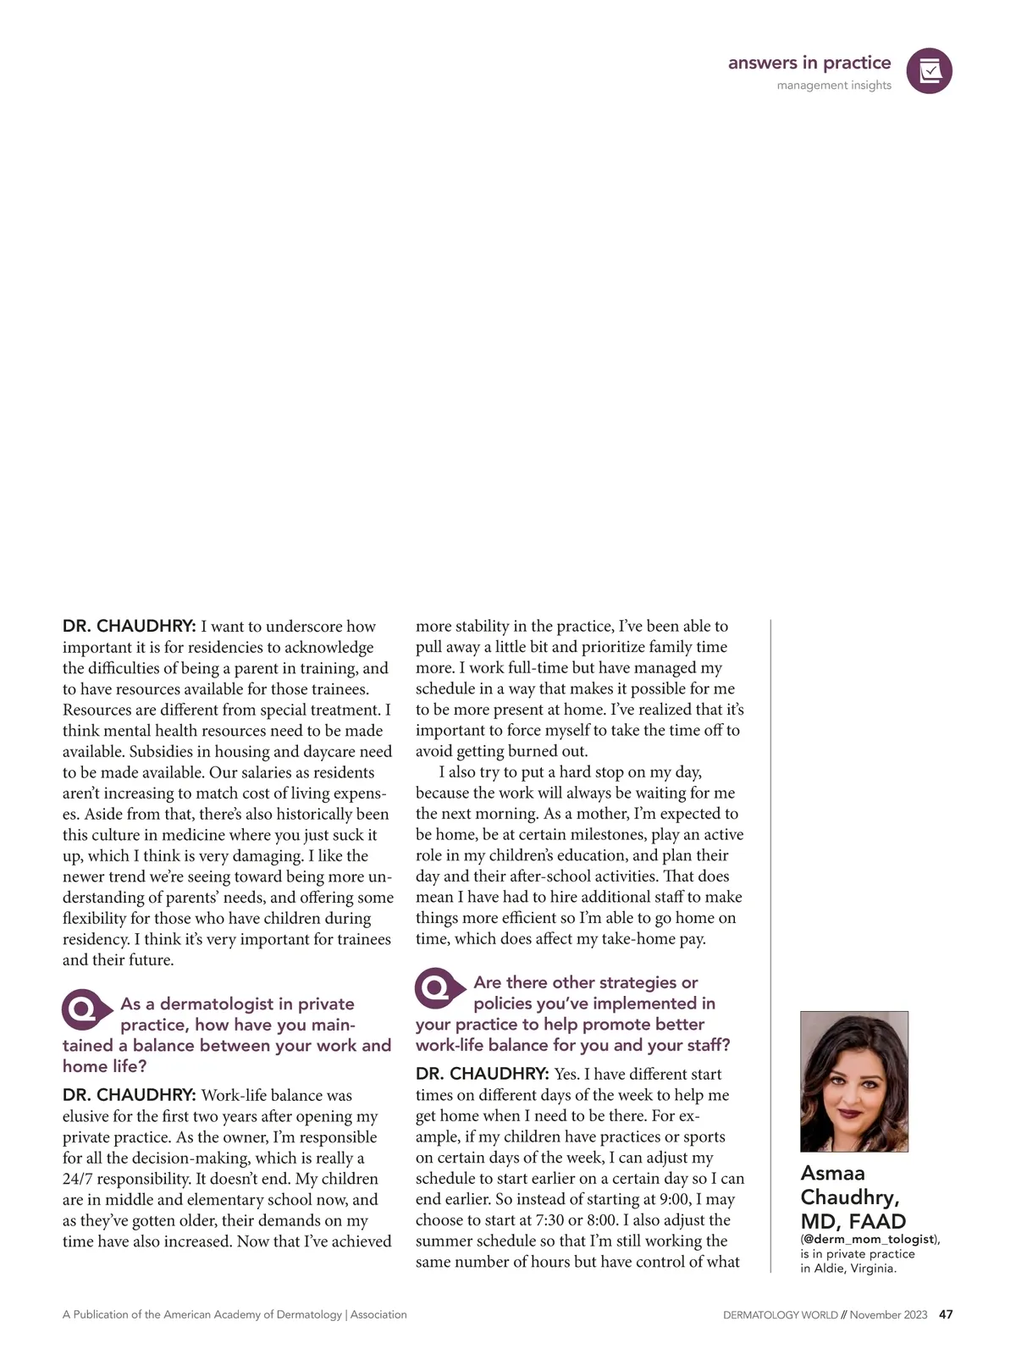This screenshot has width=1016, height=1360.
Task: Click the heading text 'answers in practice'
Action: pyautogui.click(x=809, y=63)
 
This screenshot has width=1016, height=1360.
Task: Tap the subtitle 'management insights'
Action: pyautogui.click(x=834, y=85)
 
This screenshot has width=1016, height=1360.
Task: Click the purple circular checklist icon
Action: pyautogui.click(x=929, y=71)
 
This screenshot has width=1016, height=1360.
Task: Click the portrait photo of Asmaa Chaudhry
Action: pyautogui.click(x=853, y=1081)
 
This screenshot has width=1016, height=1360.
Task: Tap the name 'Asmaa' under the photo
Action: pyautogui.click(x=833, y=1173)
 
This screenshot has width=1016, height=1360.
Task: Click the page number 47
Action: pyautogui.click(x=946, y=1314)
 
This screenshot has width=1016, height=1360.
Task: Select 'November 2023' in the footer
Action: pyautogui.click(x=888, y=1315)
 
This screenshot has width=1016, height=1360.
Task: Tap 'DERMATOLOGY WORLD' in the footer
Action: pyautogui.click(x=780, y=1315)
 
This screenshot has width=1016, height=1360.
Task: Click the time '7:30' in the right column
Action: pyautogui.click(x=551, y=1220)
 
